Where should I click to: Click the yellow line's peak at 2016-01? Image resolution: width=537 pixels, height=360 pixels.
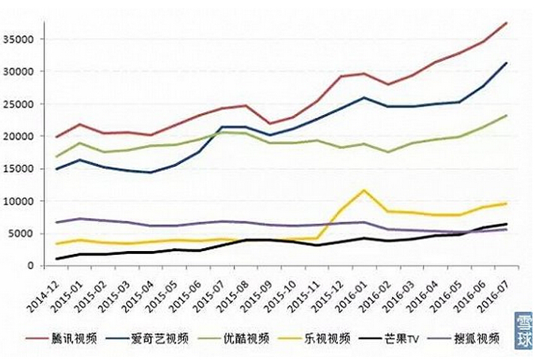pos(364,190)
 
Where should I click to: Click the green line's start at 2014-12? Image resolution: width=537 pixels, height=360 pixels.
pos(56,157)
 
